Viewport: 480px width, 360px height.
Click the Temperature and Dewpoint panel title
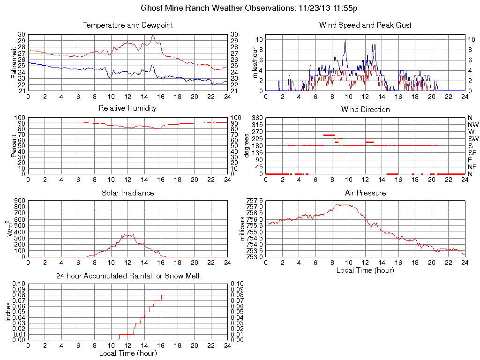[127, 25]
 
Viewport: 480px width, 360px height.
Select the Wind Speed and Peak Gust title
[365, 25]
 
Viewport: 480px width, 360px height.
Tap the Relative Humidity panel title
[127, 108]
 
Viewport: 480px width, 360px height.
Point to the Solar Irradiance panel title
[127, 193]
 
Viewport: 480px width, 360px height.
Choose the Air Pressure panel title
[365, 193]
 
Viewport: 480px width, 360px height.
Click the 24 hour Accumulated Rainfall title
[127, 276]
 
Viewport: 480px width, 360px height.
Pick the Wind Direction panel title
[365, 109]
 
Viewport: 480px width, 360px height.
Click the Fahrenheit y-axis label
[14, 62]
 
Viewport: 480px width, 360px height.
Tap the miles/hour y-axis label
[256, 63]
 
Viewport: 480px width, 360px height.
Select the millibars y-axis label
[242, 229]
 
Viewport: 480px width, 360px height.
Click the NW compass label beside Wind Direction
[472, 125]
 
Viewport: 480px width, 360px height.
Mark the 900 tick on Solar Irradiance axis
[20, 201]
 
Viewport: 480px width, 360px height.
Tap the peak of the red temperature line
[152, 36]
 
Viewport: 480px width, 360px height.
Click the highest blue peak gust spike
[345, 40]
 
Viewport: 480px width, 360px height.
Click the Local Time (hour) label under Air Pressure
[365, 270]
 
